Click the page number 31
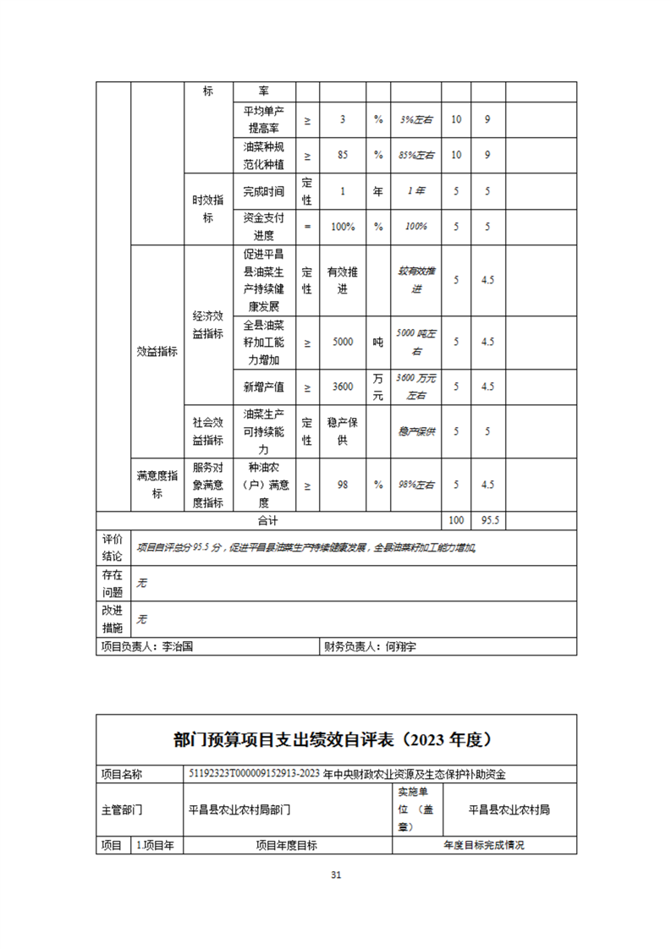pyautogui.click(x=336, y=875)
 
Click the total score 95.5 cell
pyautogui.click(x=487, y=521)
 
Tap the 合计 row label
pyautogui.click(x=267, y=521)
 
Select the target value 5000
pyautogui.click(x=343, y=342)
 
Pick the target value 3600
pyautogui.click(x=343, y=387)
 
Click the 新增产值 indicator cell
pyautogui.click(x=263, y=387)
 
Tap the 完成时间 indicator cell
pyautogui.click(x=263, y=191)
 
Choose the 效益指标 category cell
pyautogui.click(x=157, y=352)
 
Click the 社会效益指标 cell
pyautogui.click(x=207, y=431)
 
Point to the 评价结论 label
pyautogui.click(x=113, y=548)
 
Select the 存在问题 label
pyautogui.click(x=113, y=584)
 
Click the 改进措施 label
pyautogui.click(x=113, y=619)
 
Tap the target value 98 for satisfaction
pyautogui.click(x=343, y=485)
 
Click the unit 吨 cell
pyautogui.click(x=378, y=342)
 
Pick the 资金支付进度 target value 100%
pyautogui.click(x=343, y=227)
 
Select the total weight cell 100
pyautogui.click(x=456, y=521)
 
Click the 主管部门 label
pyautogui.click(x=122, y=809)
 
